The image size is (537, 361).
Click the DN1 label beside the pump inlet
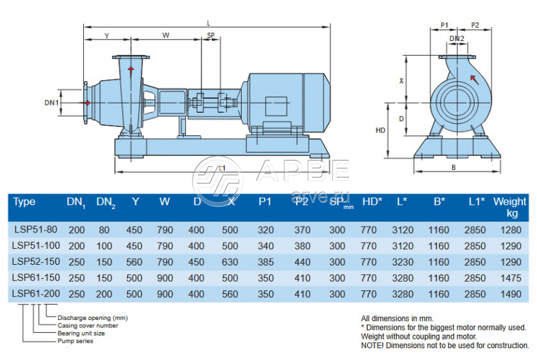tap(52, 103)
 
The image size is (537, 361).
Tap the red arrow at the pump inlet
tap(86, 103)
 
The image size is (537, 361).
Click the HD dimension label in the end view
tap(380, 130)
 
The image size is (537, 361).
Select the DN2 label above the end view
tap(456, 39)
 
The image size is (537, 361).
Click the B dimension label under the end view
tap(454, 167)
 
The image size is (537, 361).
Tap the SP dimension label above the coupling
tap(211, 36)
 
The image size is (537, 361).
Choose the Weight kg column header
tap(510, 207)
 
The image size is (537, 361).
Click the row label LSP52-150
tap(35, 262)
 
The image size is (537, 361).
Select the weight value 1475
tap(510, 278)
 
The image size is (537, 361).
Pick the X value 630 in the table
tap(231, 262)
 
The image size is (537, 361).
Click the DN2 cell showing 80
tap(105, 230)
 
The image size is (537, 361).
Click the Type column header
tap(24, 202)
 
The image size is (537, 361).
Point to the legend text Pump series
tap(75, 341)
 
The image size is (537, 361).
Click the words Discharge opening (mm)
tap(92, 317)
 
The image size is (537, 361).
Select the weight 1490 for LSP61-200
tap(510, 294)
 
